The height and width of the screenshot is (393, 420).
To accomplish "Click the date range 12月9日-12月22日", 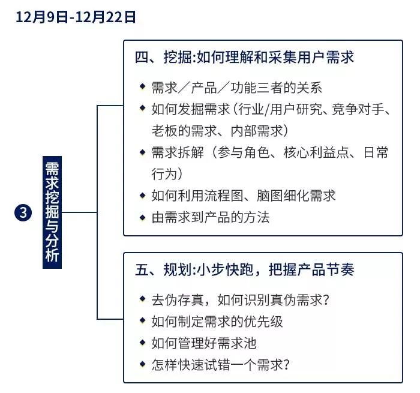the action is click(76, 17).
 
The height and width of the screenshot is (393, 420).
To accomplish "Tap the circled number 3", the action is click(22, 212).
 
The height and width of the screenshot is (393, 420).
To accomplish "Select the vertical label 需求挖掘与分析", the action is click(52, 212).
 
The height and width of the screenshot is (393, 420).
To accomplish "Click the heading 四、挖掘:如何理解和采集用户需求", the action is click(244, 57).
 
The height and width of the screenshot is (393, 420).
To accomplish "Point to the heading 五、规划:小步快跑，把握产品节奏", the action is click(244, 269).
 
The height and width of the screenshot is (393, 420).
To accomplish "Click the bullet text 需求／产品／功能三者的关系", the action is click(236, 87).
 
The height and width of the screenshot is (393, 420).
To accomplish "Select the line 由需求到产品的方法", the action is click(210, 217).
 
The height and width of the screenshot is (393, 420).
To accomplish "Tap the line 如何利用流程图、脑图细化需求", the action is click(243, 196).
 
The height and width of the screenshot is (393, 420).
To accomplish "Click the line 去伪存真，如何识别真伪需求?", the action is click(242, 299).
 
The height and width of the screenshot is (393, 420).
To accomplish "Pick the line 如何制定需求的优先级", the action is click(217, 322).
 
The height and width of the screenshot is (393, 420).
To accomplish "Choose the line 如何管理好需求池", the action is click(204, 343).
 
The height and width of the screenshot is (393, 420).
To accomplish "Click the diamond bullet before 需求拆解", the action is click(142, 152).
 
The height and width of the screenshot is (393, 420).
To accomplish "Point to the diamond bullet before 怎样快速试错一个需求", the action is click(142, 364).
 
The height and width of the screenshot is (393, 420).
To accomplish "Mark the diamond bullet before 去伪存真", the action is click(142, 299).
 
